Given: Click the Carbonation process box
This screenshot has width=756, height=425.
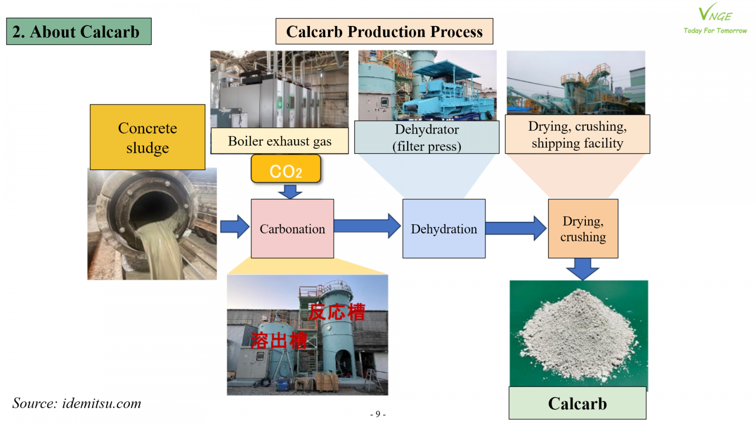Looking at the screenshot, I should click(x=292, y=229).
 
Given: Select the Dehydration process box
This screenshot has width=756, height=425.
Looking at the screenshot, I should click(x=444, y=229).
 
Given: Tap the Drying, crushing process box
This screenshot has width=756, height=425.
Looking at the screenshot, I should click(x=583, y=229).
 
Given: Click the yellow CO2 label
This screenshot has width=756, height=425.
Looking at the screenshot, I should click(x=285, y=170).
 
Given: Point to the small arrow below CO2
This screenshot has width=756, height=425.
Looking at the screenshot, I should click(x=290, y=191).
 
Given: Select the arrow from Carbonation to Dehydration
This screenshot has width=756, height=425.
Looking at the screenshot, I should click(x=367, y=226).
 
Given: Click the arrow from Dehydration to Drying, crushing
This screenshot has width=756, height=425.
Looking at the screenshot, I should click(x=515, y=228).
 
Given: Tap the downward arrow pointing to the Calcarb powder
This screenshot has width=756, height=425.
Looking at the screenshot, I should click(x=582, y=269).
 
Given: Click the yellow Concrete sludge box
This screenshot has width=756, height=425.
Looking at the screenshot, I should click(x=147, y=137).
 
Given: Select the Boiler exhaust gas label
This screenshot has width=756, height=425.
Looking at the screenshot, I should click(x=279, y=141).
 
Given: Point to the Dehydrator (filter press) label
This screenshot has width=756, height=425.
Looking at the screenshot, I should click(x=427, y=137).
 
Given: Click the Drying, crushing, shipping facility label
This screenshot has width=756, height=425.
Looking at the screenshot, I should click(x=577, y=135).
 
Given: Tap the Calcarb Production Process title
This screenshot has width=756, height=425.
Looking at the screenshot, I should click(x=384, y=31).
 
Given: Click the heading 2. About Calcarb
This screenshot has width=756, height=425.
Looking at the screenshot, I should click(x=78, y=32).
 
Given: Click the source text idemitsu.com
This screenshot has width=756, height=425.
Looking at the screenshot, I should click(x=77, y=403).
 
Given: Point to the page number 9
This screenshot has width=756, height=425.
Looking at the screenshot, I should click(x=378, y=414).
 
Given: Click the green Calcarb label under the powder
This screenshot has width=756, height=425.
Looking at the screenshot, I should click(x=577, y=403).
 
